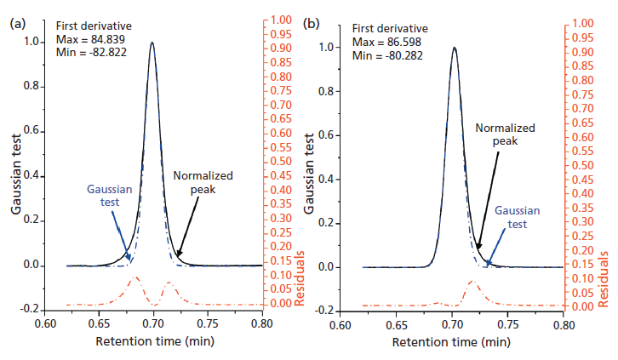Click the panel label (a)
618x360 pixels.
pyautogui.click(x=15, y=24)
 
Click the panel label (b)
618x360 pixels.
pyautogui.click(x=312, y=24)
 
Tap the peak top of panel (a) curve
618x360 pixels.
pyautogui.click(x=152, y=43)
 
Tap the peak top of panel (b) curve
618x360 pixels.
pyautogui.click(x=455, y=48)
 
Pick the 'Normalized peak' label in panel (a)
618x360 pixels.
pyautogui.click(x=203, y=182)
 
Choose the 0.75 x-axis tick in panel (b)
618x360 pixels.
pyautogui.click(x=508, y=324)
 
